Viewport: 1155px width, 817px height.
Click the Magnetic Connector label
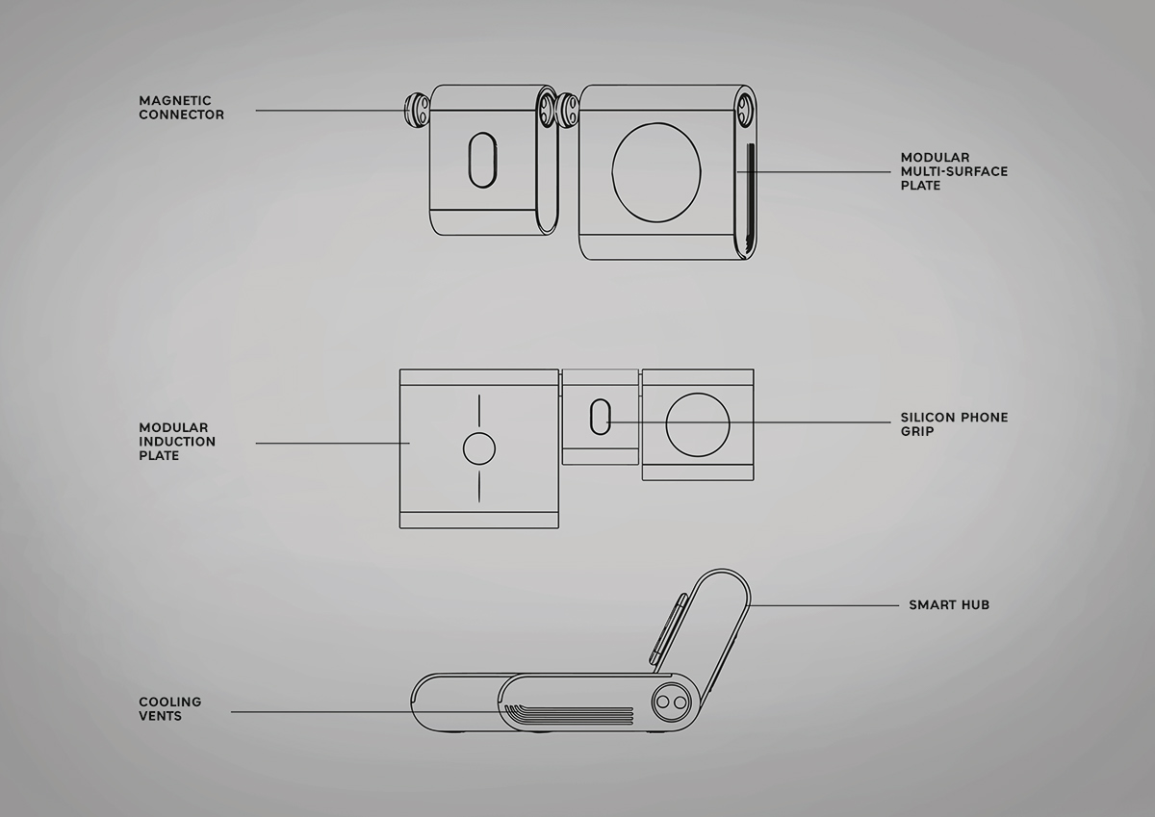point(181,107)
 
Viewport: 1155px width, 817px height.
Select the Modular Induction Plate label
point(176,442)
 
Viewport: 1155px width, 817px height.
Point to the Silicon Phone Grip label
point(954,424)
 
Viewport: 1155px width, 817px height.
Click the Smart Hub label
point(949,605)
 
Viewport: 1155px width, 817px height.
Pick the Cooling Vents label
point(169,709)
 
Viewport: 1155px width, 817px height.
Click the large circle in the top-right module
point(656,172)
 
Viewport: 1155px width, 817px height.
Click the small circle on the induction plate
point(478,448)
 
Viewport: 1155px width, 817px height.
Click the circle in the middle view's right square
point(698,424)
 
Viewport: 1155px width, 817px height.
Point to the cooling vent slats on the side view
point(568,715)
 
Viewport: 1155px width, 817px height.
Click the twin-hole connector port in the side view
point(671,703)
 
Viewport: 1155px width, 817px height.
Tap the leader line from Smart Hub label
point(828,605)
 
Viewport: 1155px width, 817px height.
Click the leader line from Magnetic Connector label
point(327,111)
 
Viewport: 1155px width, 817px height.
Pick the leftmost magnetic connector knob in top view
point(416,110)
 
